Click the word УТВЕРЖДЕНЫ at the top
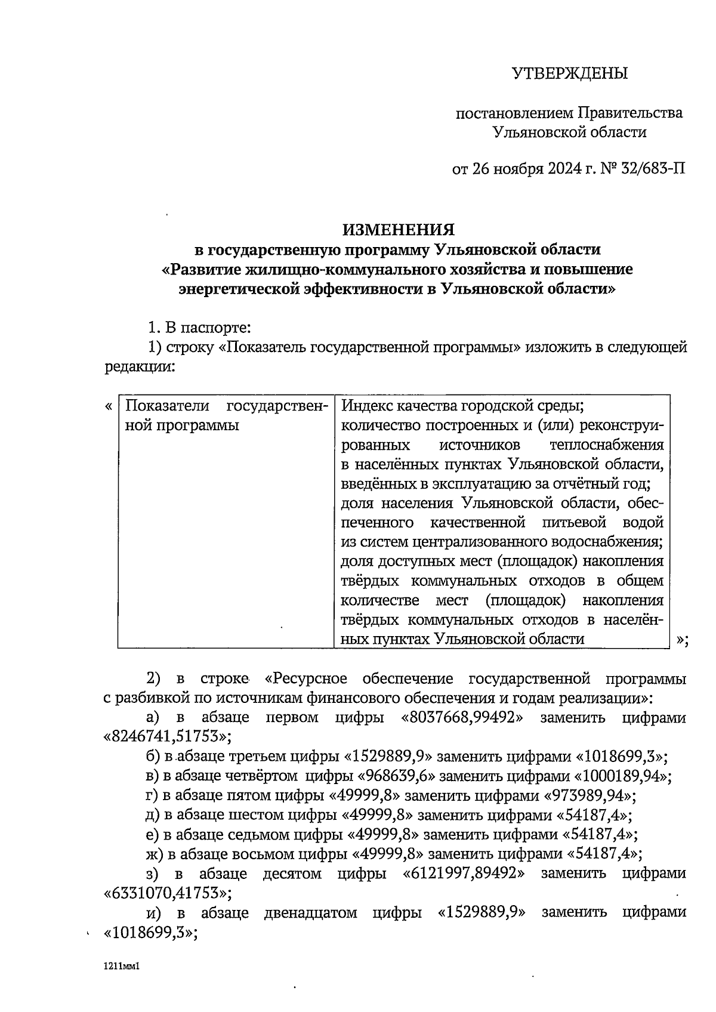click(x=570, y=73)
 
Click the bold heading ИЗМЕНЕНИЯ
click(x=398, y=230)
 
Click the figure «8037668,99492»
click(x=463, y=718)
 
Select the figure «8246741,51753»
click(x=168, y=737)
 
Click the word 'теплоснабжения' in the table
click(x=606, y=445)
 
